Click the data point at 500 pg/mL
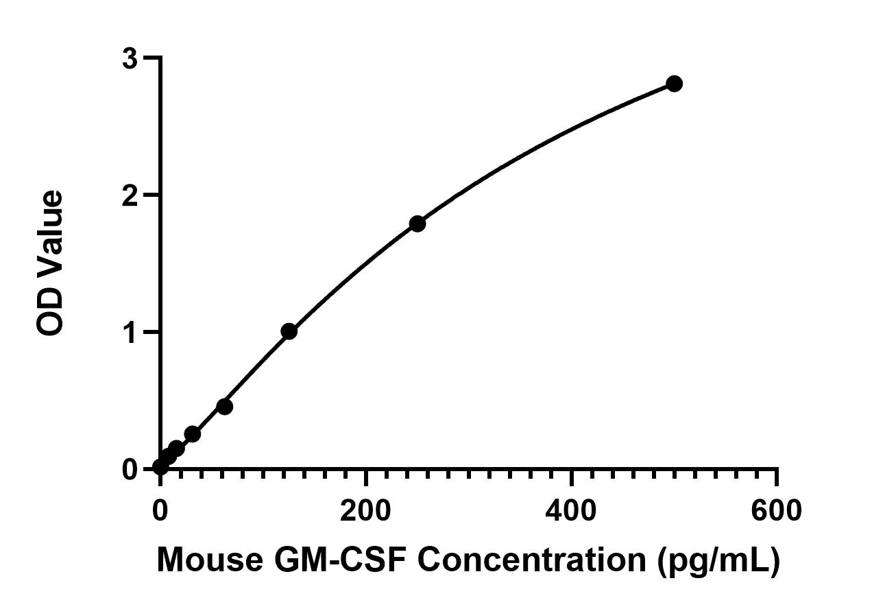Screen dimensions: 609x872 point(674,84)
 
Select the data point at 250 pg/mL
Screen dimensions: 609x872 point(417,224)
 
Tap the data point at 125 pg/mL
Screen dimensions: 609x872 point(289,332)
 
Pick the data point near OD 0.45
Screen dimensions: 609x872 point(224,407)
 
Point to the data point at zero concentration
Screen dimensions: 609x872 point(160,467)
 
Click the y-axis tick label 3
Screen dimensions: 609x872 point(130,59)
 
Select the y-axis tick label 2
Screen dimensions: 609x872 point(130,195)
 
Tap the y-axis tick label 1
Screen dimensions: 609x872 point(130,332)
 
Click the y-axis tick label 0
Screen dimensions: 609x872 point(130,469)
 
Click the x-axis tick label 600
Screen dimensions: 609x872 point(776,511)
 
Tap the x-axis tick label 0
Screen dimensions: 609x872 point(160,511)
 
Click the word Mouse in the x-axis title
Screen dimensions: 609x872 point(210,560)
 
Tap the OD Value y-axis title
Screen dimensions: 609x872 point(50,264)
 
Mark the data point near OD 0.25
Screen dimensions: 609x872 point(193,434)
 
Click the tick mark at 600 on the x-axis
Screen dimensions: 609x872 point(776,476)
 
